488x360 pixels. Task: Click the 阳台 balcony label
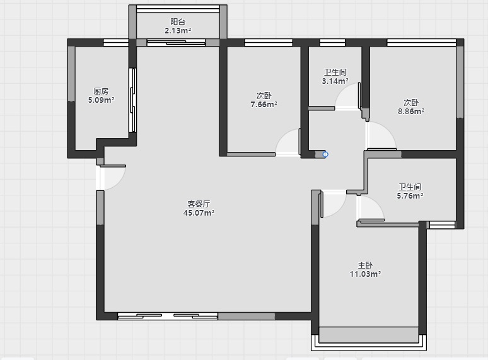[x=178, y=22]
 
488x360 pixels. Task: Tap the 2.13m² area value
[x=178, y=30]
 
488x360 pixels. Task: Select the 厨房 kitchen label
[x=101, y=91]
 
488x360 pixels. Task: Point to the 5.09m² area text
[x=101, y=100]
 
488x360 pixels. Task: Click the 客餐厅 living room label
[x=199, y=204]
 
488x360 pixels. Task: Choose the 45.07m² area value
[x=199, y=213]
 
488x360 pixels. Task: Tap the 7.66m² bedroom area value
[x=264, y=105]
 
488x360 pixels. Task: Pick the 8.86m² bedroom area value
[x=411, y=112]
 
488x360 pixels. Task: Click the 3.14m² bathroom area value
[x=335, y=81]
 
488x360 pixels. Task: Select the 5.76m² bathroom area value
[x=410, y=195]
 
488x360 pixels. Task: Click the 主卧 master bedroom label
[x=366, y=265]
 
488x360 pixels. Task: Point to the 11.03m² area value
[x=366, y=274]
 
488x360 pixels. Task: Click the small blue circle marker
[x=325, y=154]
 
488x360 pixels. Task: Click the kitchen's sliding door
[x=132, y=100]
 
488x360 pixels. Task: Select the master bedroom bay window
[x=369, y=339]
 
